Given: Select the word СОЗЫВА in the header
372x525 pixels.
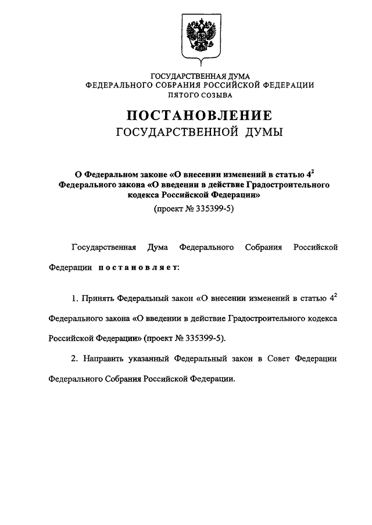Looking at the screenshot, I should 218,94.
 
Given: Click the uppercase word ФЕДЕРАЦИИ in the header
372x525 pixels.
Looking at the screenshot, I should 288,85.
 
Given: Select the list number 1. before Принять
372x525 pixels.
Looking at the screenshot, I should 75,299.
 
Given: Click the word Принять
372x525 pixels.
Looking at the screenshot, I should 97,299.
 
